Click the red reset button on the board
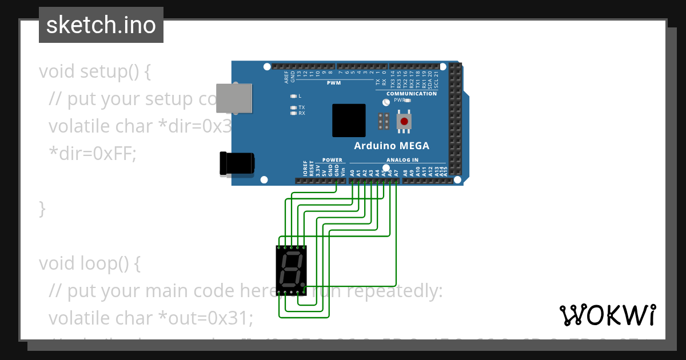pyautogui.click(x=405, y=121)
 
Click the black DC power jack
pyautogui.click(x=237, y=163)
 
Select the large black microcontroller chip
pyautogui.click(x=349, y=120)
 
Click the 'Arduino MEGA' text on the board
pyautogui.click(x=392, y=146)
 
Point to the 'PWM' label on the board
pyautogui.click(x=333, y=83)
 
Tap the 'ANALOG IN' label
pyautogui.click(x=402, y=160)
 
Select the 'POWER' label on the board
pyautogui.click(x=332, y=160)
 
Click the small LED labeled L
pyautogui.click(x=293, y=96)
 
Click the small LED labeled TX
pyautogui.click(x=293, y=107)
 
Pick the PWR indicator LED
pyautogui.click(x=408, y=100)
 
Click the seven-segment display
pyautogui.click(x=291, y=270)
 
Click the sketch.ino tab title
pyautogui.click(x=101, y=25)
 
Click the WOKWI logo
pyautogui.click(x=607, y=315)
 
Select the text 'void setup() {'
pyautogui.click(x=95, y=72)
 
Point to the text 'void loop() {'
pyautogui.click(x=89, y=263)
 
